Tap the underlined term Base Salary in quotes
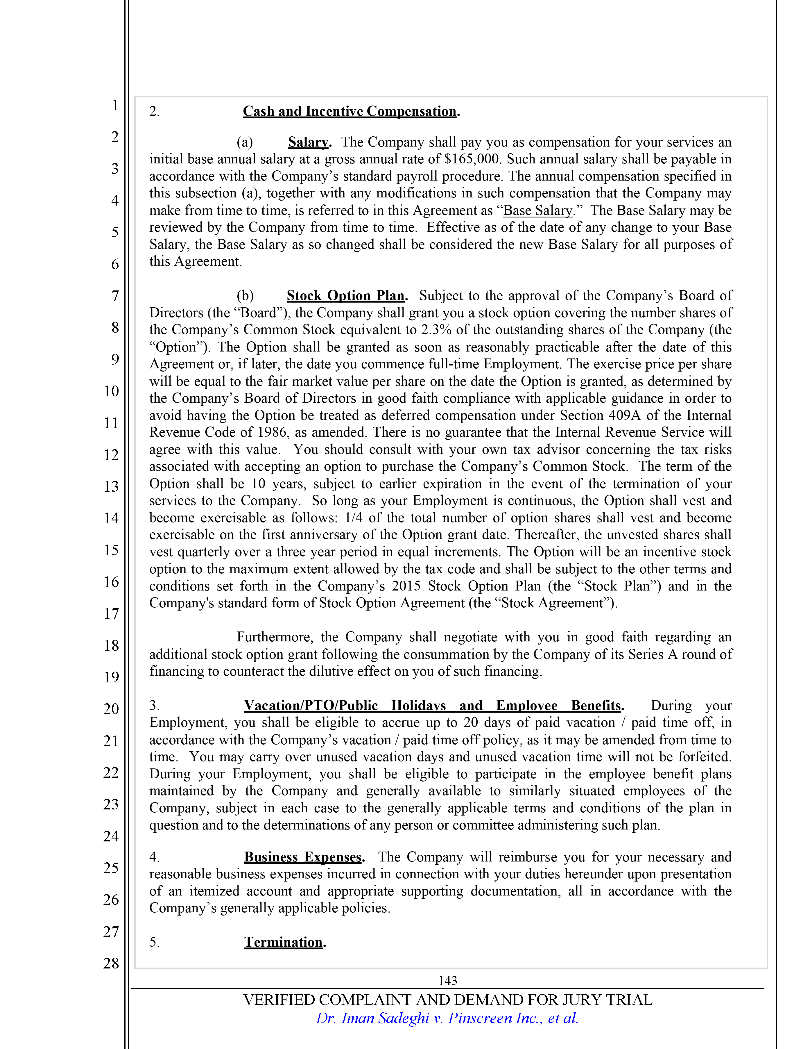coord(537,210)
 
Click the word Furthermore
coord(275,637)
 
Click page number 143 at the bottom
coord(447,981)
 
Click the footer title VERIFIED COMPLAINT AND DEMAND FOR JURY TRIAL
coord(447,1000)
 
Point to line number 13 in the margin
coord(111,486)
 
